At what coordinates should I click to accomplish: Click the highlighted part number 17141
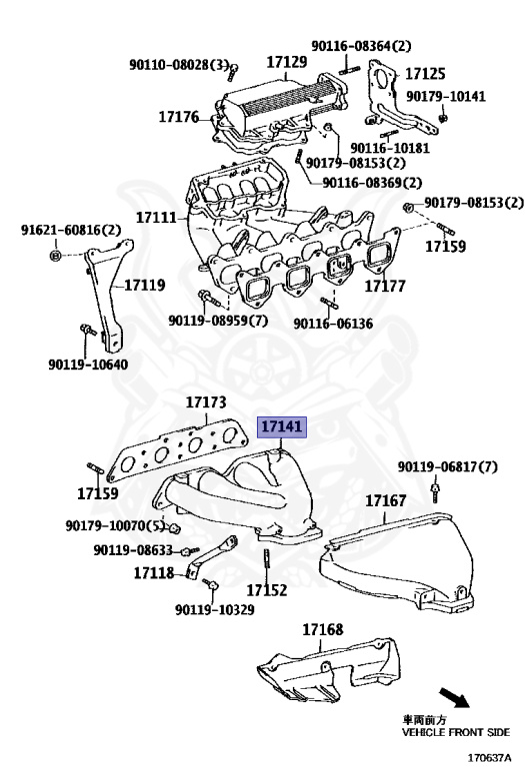(283, 428)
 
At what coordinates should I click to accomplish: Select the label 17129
(286, 63)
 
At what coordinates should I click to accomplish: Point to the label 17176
(179, 117)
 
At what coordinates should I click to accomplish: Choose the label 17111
(156, 218)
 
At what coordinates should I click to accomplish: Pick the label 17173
(205, 403)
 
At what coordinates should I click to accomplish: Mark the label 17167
(385, 500)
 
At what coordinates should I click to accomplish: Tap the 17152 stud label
(267, 590)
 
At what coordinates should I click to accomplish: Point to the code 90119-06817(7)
(447, 467)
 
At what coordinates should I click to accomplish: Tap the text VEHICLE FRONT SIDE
(455, 732)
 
